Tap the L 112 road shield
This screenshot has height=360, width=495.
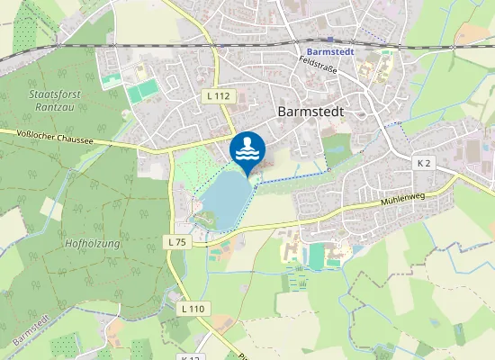coord(218,96)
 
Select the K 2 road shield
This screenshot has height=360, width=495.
coord(425,163)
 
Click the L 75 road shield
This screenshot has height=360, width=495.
coord(176,242)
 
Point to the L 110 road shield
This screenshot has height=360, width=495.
coord(193,309)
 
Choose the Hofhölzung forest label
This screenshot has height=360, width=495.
coord(93,243)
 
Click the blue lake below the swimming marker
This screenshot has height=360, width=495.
coord(226,194)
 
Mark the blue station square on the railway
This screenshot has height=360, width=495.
coord(329,40)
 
